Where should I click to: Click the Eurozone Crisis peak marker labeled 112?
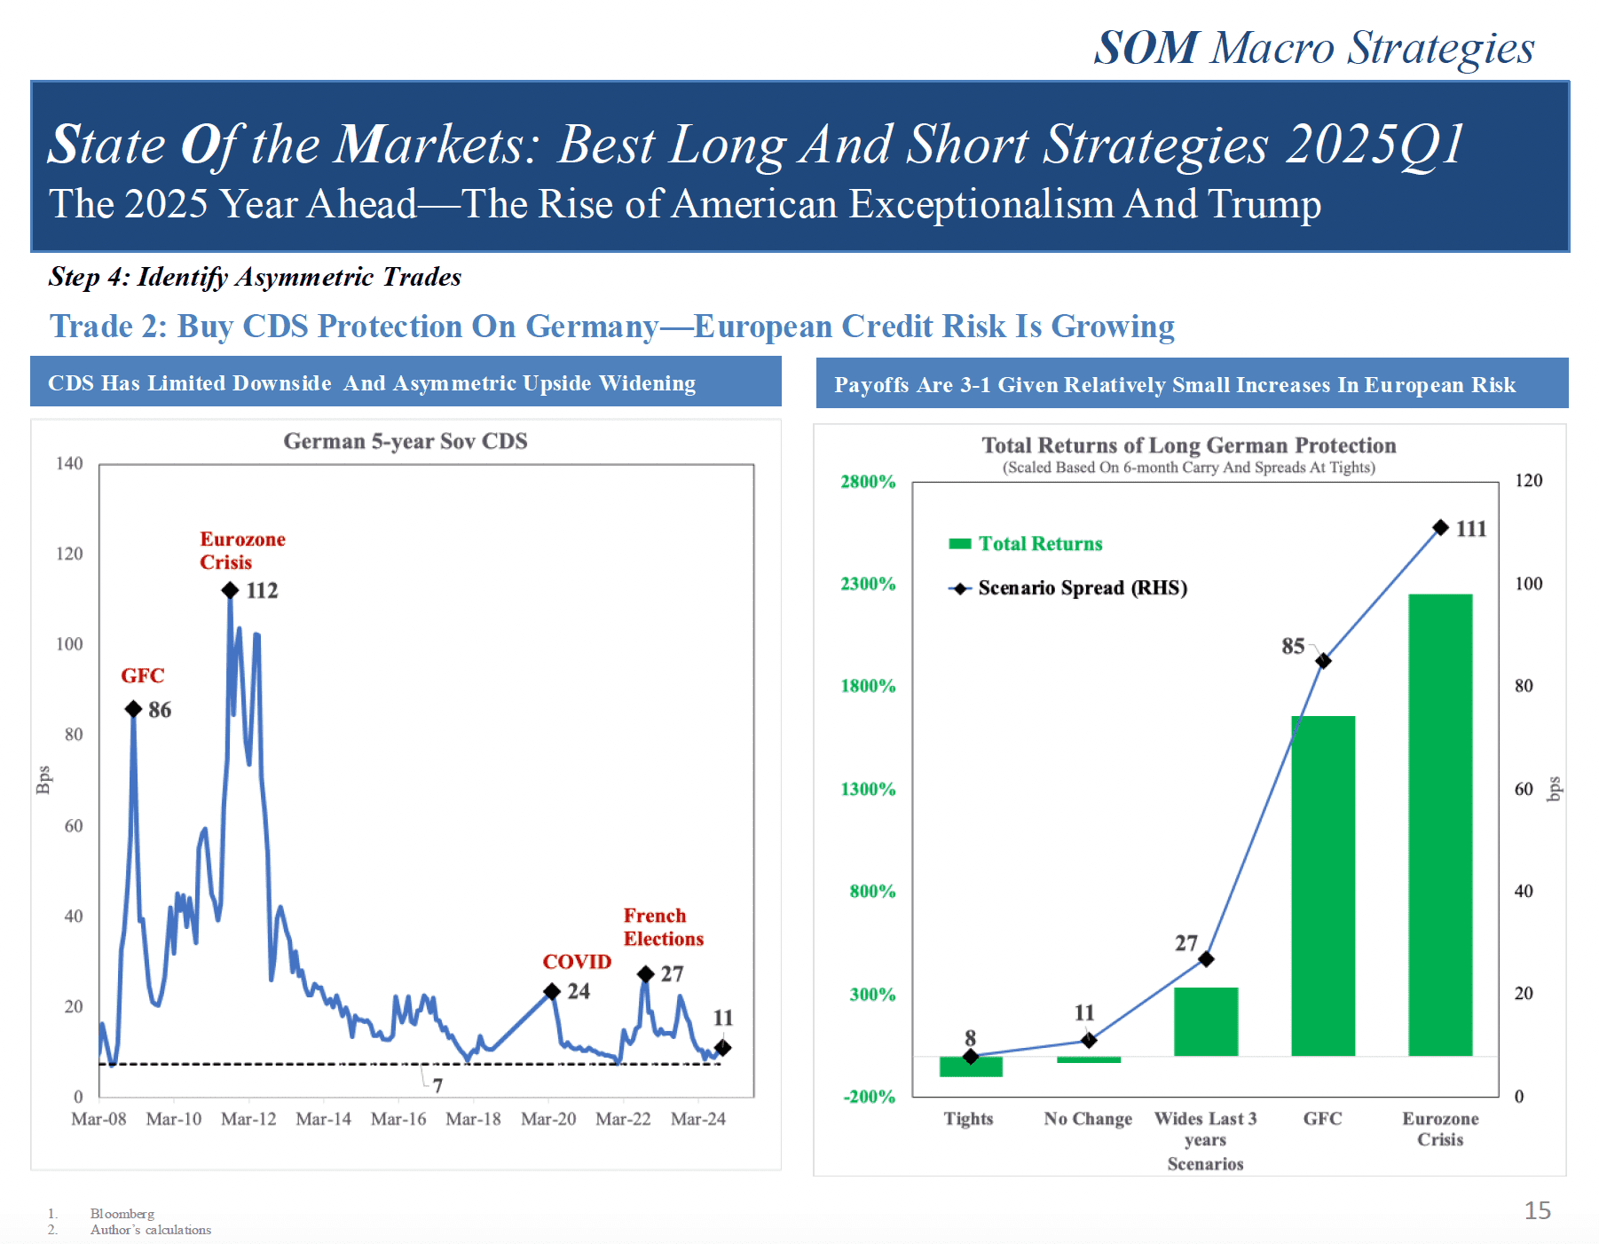pyautogui.click(x=230, y=590)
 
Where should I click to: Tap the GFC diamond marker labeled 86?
pyautogui.click(x=133, y=709)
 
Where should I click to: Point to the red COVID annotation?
pyautogui.click(x=577, y=962)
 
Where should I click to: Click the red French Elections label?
pyautogui.click(x=663, y=927)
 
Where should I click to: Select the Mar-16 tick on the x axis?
pyautogui.click(x=398, y=1119)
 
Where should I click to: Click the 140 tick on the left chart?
pyautogui.click(x=69, y=463)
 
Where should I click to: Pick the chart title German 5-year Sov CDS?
pyautogui.click(x=405, y=441)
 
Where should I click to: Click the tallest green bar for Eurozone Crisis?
pyautogui.click(x=1439, y=824)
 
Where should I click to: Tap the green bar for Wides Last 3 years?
pyautogui.click(x=1205, y=1021)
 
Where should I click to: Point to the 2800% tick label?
pyautogui.click(x=868, y=482)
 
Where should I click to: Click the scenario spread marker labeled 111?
pyautogui.click(x=1441, y=528)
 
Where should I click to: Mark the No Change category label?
pyautogui.click(x=1088, y=1119)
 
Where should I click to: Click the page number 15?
pyautogui.click(x=1537, y=1210)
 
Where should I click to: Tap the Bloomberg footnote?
pyautogui.click(x=122, y=1214)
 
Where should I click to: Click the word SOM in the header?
pyautogui.click(x=1146, y=48)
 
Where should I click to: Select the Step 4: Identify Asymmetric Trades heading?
pyautogui.click(x=255, y=277)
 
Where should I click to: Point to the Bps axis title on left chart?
pyautogui.click(x=43, y=779)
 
